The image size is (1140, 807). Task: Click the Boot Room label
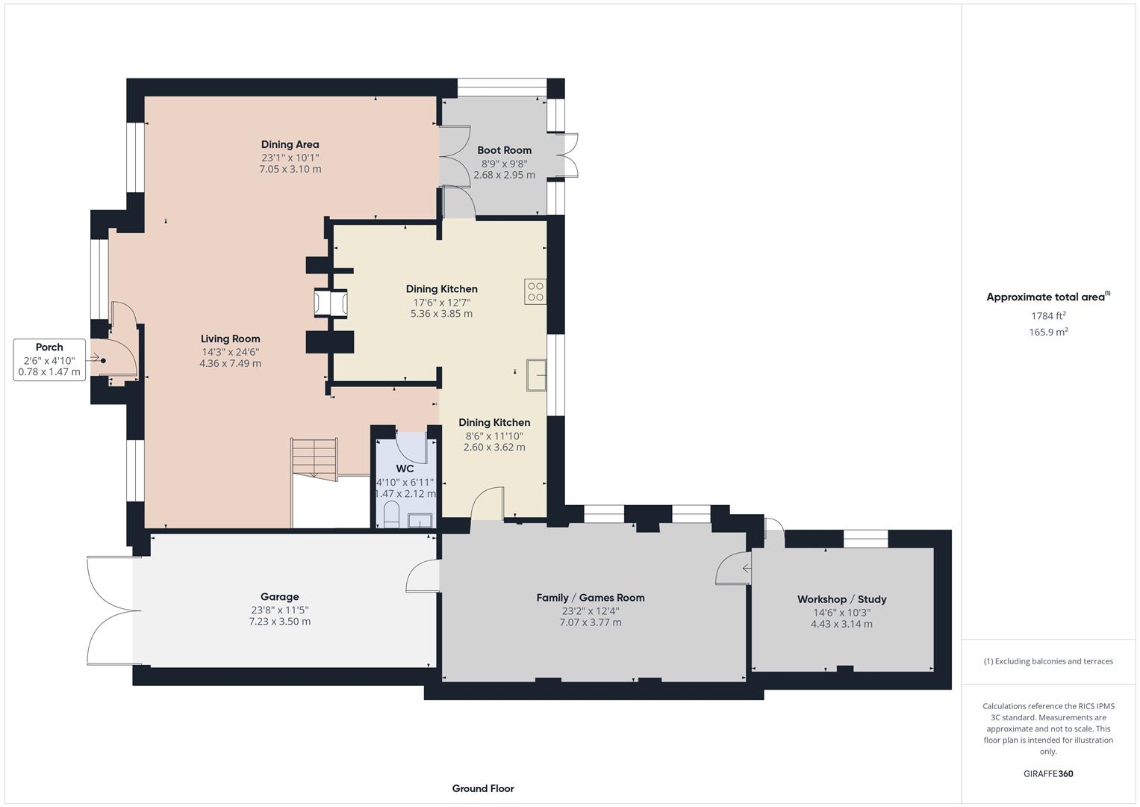click(x=504, y=150)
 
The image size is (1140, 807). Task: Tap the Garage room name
click(x=279, y=596)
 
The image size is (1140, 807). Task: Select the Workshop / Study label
click(x=841, y=599)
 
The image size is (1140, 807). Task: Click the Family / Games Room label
click(x=590, y=598)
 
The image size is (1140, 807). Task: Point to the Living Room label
click(x=230, y=338)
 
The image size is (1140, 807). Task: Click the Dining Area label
click(x=290, y=144)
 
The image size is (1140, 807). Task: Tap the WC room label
click(x=405, y=469)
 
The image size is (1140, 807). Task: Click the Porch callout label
click(x=49, y=347)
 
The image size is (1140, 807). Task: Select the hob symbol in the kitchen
click(x=535, y=291)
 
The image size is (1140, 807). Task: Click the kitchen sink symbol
click(x=536, y=374)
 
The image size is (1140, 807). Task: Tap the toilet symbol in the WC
click(x=390, y=514)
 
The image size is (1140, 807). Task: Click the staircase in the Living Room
click(x=314, y=457)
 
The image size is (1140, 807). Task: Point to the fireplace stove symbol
click(x=330, y=303)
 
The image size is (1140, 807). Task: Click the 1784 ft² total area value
click(x=1048, y=315)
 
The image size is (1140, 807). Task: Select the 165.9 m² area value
click(x=1048, y=333)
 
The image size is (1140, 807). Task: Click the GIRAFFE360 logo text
click(x=1048, y=773)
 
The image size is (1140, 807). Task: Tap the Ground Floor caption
click(x=483, y=788)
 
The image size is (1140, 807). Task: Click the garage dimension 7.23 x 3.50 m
click(x=279, y=622)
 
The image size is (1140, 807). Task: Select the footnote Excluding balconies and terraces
click(x=1048, y=661)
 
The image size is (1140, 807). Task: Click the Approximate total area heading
click(x=1047, y=297)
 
